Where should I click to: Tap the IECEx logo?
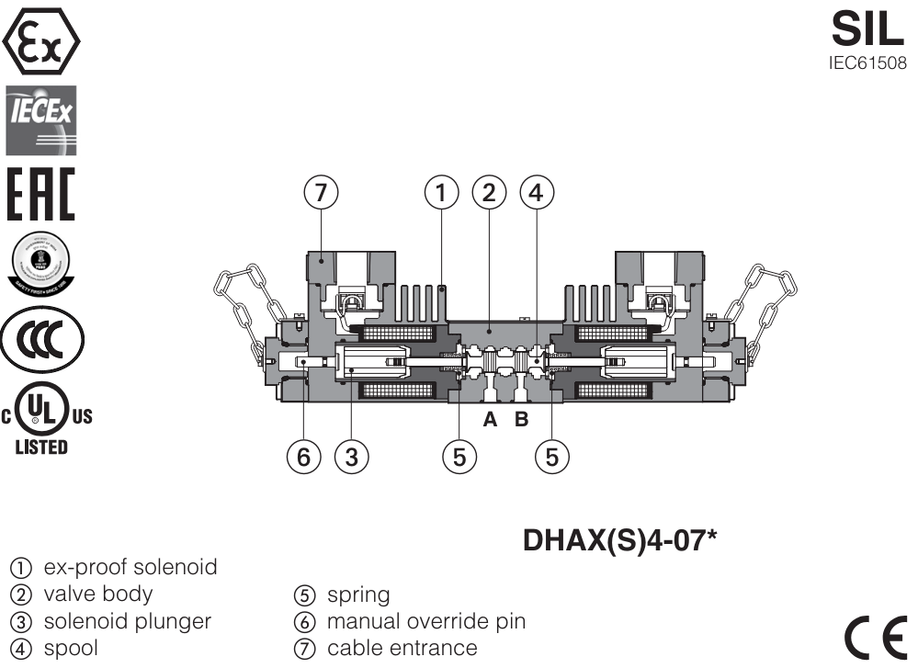point(41,119)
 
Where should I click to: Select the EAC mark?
point(41,195)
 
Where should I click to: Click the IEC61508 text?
point(867,64)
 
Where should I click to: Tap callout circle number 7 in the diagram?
point(320,193)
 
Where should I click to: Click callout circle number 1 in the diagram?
point(441,193)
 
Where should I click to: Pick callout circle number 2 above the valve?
point(489,193)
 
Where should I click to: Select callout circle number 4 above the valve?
point(537,193)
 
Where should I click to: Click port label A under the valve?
point(491,420)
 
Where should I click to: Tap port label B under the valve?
point(521,420)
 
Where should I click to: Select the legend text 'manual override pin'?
point(426,621)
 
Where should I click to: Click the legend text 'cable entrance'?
point(402,648)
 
